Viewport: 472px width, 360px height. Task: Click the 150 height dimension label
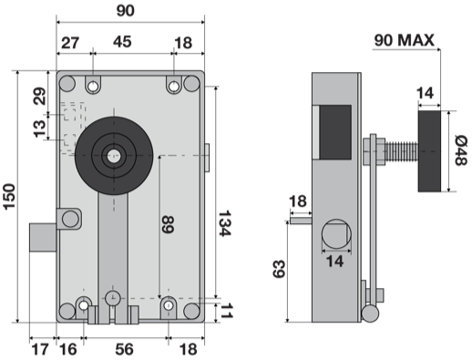[x=9, y=196]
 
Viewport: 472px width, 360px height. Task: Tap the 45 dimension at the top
[x=122, y=42]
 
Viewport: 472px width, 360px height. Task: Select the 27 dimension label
[x=70, y=43]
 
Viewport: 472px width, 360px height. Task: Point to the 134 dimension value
[x=225, y=223]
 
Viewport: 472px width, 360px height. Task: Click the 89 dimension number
[x=168, y=225]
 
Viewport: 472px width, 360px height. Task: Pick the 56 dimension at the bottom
[x=124, y=349]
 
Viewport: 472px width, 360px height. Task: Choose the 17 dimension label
[x=40, y=349]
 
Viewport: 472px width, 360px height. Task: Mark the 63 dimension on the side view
[x=279, y=269]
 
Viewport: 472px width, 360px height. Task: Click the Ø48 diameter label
[x=460, y=150]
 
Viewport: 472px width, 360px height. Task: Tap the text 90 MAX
[x=405, y=40]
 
